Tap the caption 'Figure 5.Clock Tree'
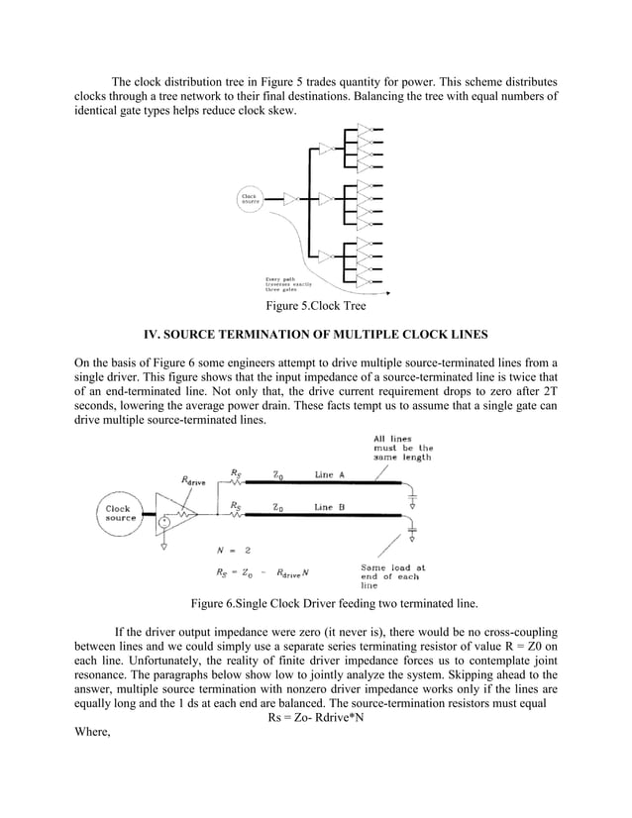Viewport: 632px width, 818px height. pyautogui.click(x=315, y=306)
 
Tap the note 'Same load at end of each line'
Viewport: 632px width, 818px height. pyautogui.click(x=390, y=576)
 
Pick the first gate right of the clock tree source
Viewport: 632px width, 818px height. pyautogui.click(x=290, y=198)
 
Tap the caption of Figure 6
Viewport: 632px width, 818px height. pyautogui.click(x=315, y=603)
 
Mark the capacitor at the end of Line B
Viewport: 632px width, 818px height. pyautogui.click(x=413, y=527)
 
